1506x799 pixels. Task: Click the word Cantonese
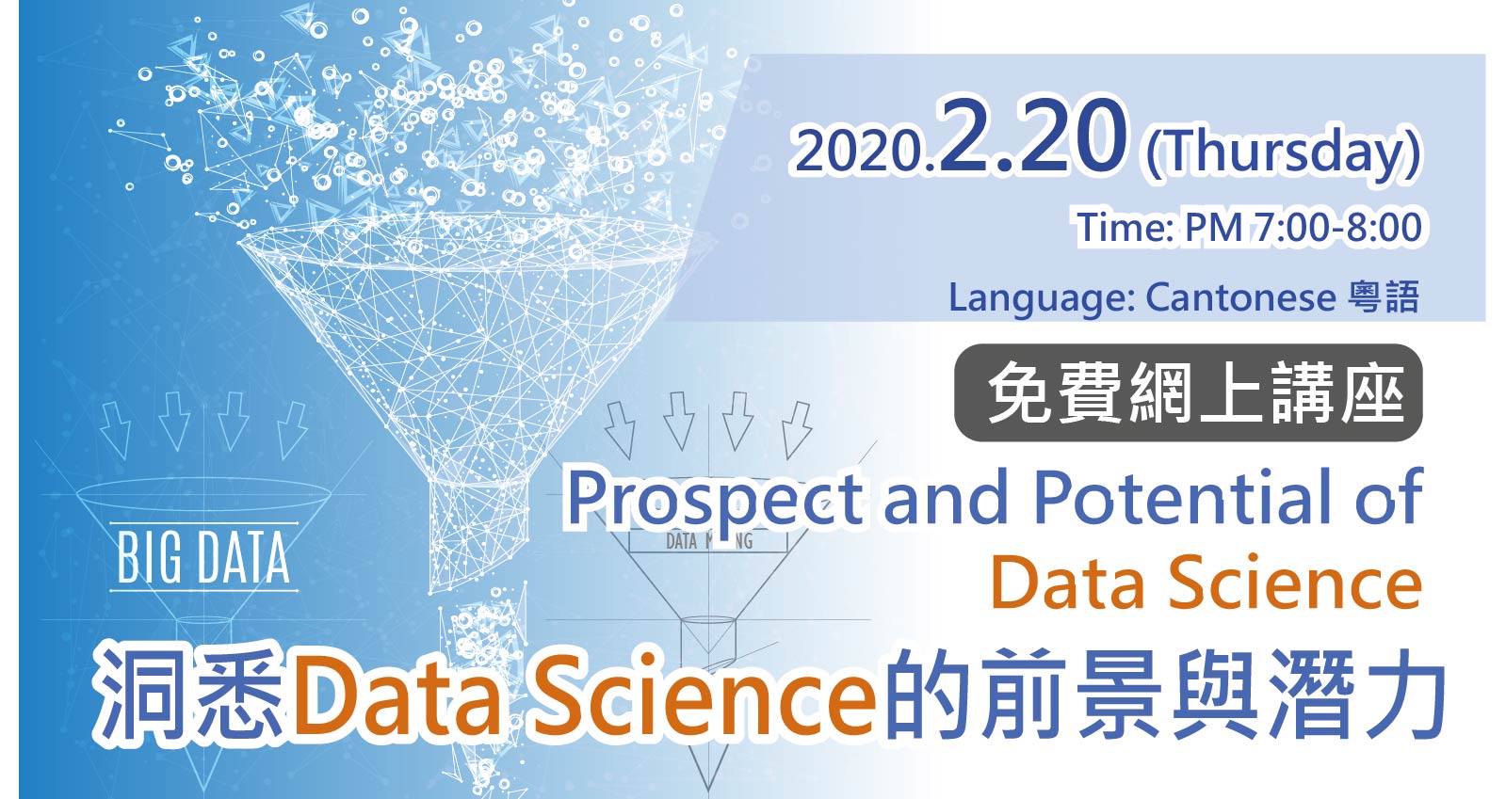pyautogui.click(x=1240, y=297)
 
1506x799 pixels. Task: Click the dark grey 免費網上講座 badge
pyautogui.click(x=1188, y=392)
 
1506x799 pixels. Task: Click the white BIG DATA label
pyautogui.click(x=203, y=558)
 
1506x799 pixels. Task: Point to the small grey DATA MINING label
pyautogui.click(x=708, y=541)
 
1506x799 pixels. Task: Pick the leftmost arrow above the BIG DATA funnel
pyautogui.click(x=115, y=429)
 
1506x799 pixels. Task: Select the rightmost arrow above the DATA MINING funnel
pyautogui.click(x=797, y=429)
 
